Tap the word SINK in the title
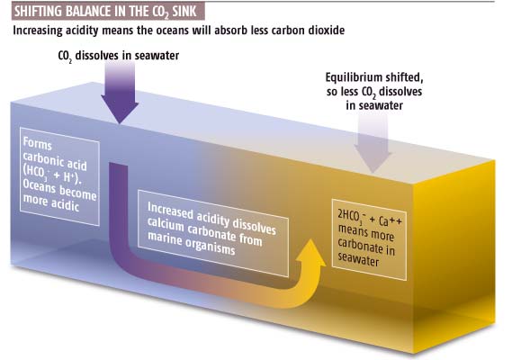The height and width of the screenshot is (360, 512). tap(184, 12)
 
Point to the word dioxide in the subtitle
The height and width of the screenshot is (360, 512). tap(327, 31)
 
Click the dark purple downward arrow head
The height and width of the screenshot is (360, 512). tap(120, 109)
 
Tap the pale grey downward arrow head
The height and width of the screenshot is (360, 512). tap(373, 159)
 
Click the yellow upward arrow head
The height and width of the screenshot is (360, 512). tap(311, 252)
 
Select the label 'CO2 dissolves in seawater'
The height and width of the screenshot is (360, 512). tap(119, 56)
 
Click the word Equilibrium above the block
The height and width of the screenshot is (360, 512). tap(354, 77)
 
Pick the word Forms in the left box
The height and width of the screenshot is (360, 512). tap(38, 144)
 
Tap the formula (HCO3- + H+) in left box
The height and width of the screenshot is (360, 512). tap(52, 175)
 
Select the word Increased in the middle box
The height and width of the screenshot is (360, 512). tap(170, 211)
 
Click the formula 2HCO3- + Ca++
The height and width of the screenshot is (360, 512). tap(370, 218)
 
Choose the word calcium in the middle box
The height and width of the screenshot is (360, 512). tap(166, 224)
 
